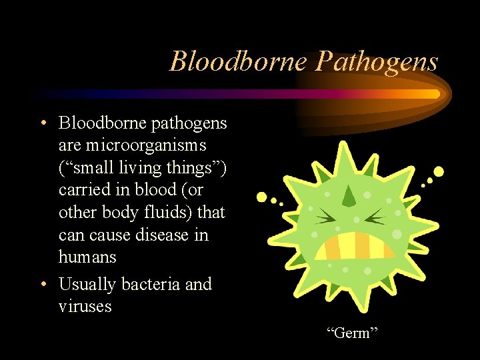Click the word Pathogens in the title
[x=377, y=61]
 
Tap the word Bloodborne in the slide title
[x=239, y=61]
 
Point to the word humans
[x=87, y=257]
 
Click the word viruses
[x=85, y=307]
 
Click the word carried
[x=83, y=190]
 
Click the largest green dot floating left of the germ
[x=262, y=197]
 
